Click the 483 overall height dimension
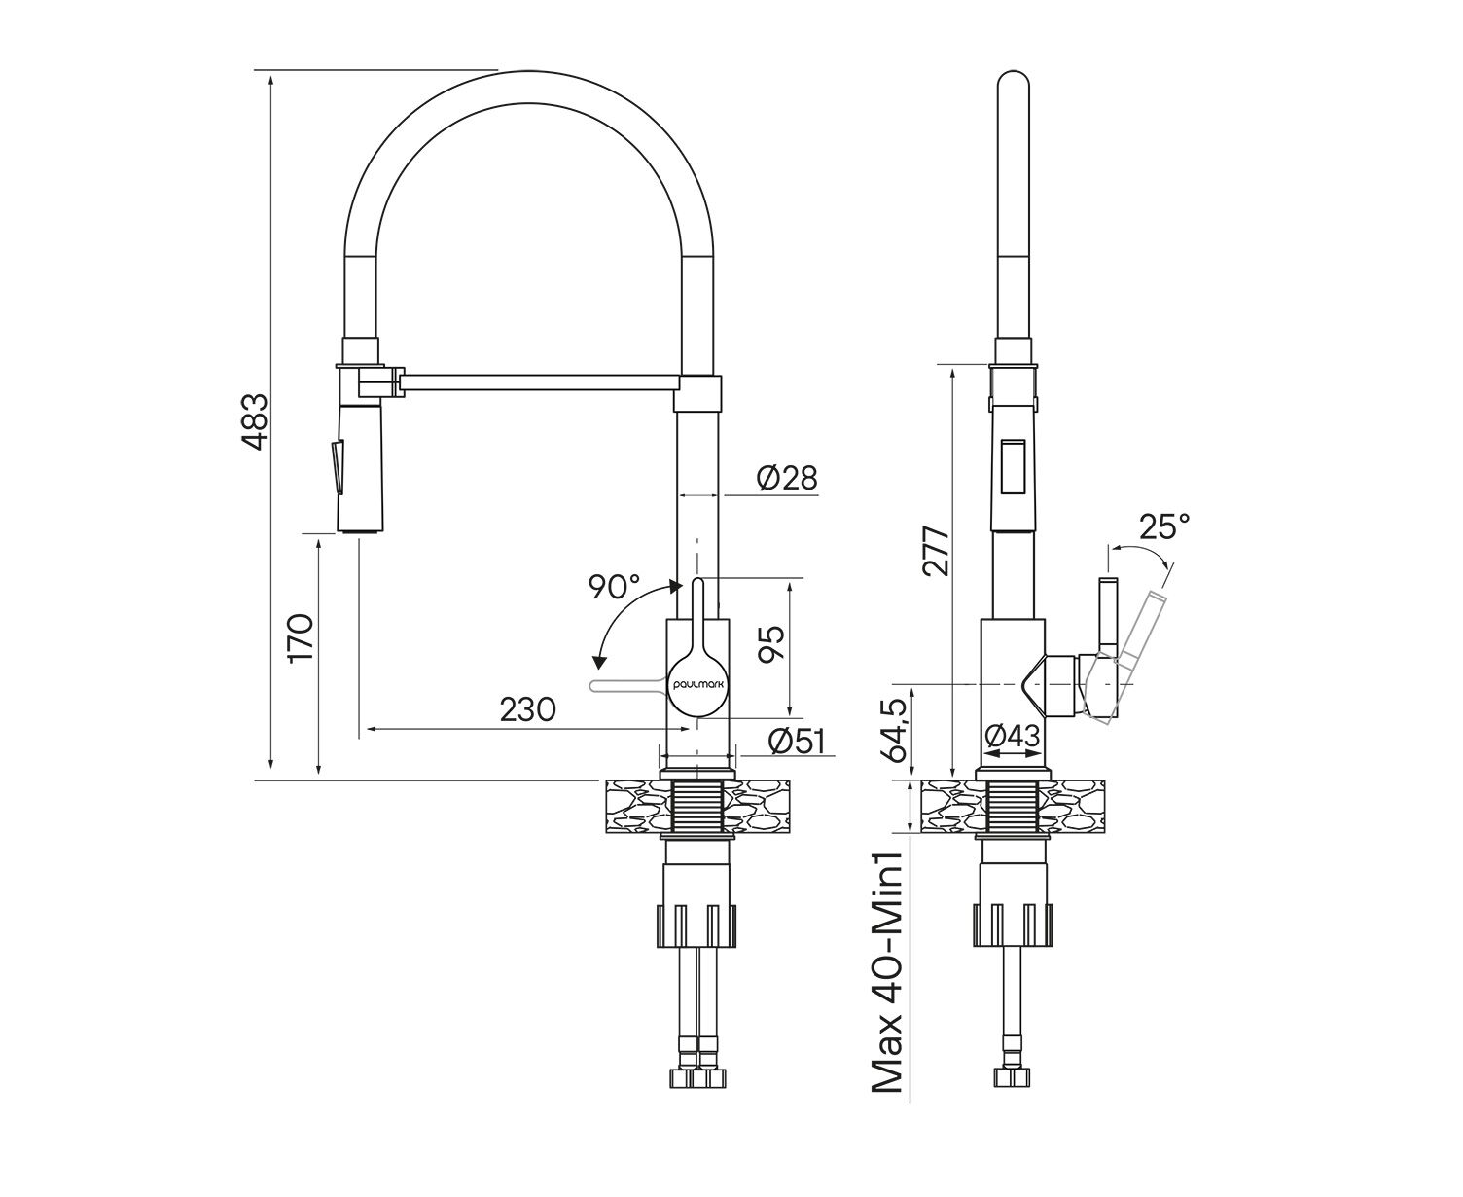[x=254, y=422]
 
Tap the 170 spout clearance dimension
[x=301, y=637]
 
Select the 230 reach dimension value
[x=528, y=709]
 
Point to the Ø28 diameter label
[x=786, y=478]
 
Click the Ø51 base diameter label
[x=796, y=741]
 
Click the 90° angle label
[x=614, y=587]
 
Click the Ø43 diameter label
[x=1011, y=737]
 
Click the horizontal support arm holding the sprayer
[x=540, y=380]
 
